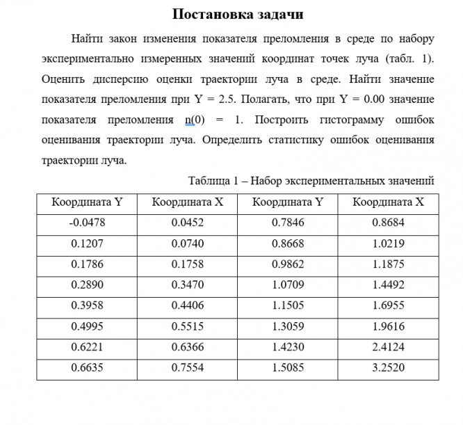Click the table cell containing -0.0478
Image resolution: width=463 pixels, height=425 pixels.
pyautogui.click(x=86, y=223)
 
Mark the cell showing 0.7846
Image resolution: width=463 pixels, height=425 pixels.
pyautogui.click(x=286, y=223)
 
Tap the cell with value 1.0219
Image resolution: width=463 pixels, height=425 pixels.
pyautogui.click(x=388, y=244)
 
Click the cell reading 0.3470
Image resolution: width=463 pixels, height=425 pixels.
pyautogui.click(x=187, y=285)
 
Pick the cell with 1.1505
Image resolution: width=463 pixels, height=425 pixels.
pyautogui.click(x=286, y=306)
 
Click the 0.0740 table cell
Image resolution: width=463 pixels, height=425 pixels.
pyautogui.click(x=187, y=244)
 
